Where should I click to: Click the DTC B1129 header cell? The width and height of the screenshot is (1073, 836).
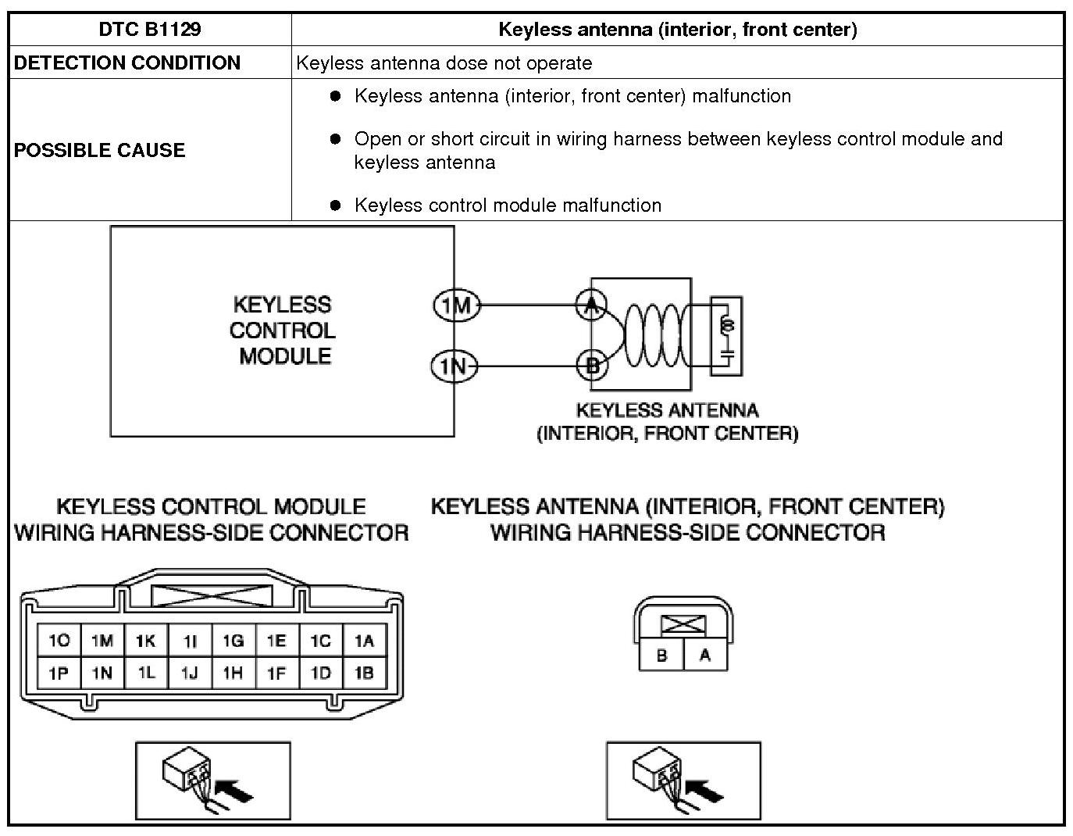point(150,30)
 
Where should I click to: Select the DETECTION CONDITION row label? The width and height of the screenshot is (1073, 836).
point(127,63)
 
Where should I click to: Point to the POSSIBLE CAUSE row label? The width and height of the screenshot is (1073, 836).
point(100,150)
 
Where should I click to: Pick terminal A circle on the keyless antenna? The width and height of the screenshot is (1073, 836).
point(591,305)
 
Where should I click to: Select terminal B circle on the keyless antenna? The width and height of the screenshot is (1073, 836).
point(592,365)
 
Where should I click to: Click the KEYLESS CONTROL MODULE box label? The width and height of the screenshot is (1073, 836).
point(282,330)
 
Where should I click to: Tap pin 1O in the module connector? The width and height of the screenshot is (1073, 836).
point(59,641)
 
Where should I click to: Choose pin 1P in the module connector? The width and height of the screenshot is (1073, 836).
point(59,673)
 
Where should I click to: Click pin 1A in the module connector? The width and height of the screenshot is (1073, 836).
point(364,641)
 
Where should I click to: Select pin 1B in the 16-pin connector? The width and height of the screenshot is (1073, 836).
point(364,673)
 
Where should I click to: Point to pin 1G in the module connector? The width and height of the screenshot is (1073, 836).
point(233,641)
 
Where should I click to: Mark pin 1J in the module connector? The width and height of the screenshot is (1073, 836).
point(189,673)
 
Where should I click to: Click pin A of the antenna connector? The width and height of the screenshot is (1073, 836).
point(705,656)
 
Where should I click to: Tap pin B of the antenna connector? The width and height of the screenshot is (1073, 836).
point(661,656)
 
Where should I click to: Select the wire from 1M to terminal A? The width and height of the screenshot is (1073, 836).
point(528,305)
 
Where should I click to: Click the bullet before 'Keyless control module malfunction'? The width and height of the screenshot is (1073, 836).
point(336,205)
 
